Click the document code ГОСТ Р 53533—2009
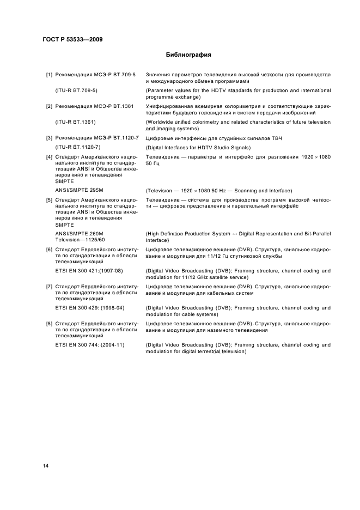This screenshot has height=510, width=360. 73,39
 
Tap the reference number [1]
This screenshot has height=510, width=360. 49,74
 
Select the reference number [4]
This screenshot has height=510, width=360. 49,157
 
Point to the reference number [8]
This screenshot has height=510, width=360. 49,324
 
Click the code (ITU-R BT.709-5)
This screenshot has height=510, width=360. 76,89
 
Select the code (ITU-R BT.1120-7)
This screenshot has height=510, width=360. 79,147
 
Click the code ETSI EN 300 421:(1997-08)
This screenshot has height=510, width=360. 89,270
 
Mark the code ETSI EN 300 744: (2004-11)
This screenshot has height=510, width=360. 90,345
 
